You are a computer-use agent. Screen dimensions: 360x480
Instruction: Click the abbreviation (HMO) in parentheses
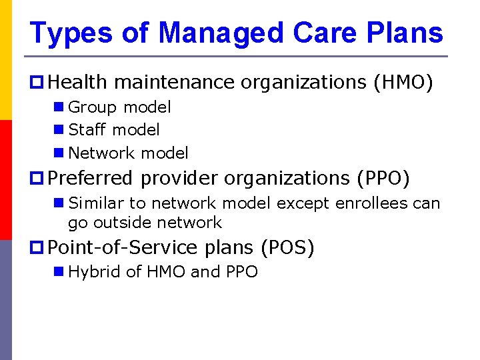pos(403,83)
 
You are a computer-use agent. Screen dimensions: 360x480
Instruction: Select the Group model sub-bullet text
pos(119,107)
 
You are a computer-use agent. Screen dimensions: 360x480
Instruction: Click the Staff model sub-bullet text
pos(114,130)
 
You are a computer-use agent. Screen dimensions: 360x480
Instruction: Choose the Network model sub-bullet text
pos(128,153)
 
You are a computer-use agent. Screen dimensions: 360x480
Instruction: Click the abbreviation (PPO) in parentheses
pos(383,179)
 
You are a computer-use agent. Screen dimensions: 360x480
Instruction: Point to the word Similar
pos(95,203)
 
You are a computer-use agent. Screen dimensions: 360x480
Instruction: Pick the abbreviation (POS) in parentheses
pos(287,248)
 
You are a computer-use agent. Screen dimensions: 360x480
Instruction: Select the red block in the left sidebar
pos(5,180)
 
